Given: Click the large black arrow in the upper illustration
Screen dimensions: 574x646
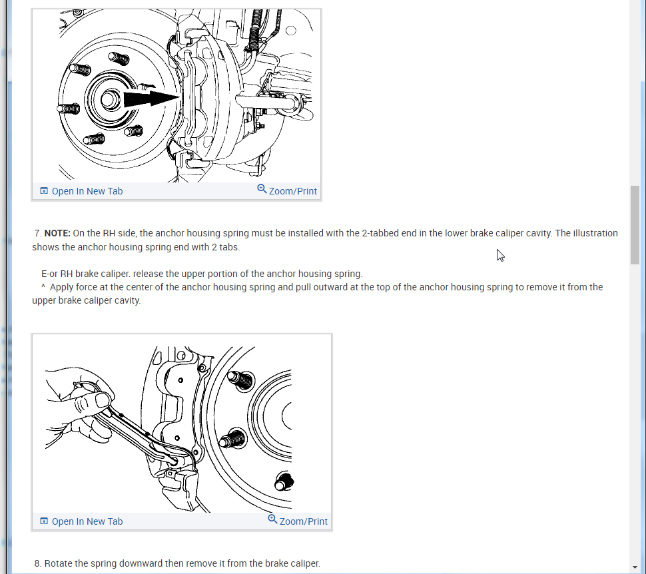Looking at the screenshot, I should tap(150, 99).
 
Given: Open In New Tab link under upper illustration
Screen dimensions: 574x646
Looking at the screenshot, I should tap(87, 191).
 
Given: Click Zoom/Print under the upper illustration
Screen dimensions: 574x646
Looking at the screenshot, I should tap(292, 191).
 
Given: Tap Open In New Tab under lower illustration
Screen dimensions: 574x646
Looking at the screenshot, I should tap(87, 521).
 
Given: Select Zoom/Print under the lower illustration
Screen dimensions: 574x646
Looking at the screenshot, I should tap(303, 521).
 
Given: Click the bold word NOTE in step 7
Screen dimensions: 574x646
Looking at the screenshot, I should tap(57, 234).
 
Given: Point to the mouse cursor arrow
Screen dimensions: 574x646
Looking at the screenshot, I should tap(499, 254).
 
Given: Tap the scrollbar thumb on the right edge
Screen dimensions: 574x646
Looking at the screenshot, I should tap(635, 225).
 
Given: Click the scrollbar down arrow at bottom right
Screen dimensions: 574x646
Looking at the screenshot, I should tap(635, 567).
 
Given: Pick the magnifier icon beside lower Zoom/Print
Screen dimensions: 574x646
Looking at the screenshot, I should tap(272, 519).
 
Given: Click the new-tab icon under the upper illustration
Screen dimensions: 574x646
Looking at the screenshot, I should tap(44, 191).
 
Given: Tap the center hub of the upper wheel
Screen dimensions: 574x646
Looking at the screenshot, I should tap(107, 99).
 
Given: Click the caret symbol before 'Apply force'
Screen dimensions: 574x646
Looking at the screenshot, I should tap(43, 287).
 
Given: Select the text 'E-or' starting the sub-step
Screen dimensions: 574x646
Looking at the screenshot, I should tap(50, 274).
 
